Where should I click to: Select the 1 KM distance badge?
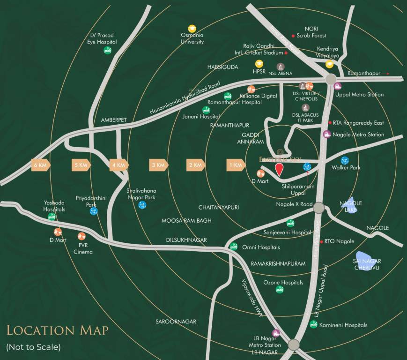pos(236,165)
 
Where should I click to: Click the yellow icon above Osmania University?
pos(192,29)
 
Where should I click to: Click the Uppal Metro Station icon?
pos(338,86)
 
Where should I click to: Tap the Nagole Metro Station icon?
pos(327,134)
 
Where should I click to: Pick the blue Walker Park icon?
pos(345,160)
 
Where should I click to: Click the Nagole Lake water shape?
pos(349,204)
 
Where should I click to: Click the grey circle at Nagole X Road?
pos(319,207)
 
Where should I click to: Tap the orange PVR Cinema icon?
pos(81,236)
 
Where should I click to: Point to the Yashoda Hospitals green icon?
pos(52,217)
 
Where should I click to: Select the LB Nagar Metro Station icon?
pos(276,333)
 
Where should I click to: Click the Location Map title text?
pos(57,330)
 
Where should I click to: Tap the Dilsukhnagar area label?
pos(186,240)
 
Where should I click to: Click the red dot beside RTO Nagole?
pos(321,241)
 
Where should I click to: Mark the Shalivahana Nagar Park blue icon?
pos(142,205)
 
